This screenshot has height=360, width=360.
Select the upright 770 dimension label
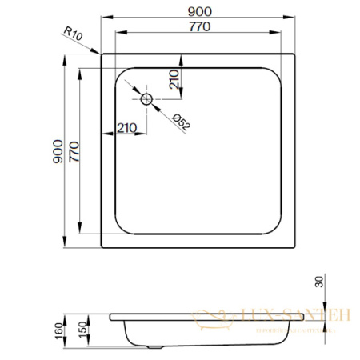tap(199, 26)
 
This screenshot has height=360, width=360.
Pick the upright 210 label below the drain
tap(127, 128)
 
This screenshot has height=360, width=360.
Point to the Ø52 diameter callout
tap(181, 121)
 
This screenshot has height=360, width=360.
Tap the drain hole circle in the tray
tap(147, 99)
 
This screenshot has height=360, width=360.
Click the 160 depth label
tap(58, 330)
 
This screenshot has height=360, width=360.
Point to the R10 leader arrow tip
tap(98, 53)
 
